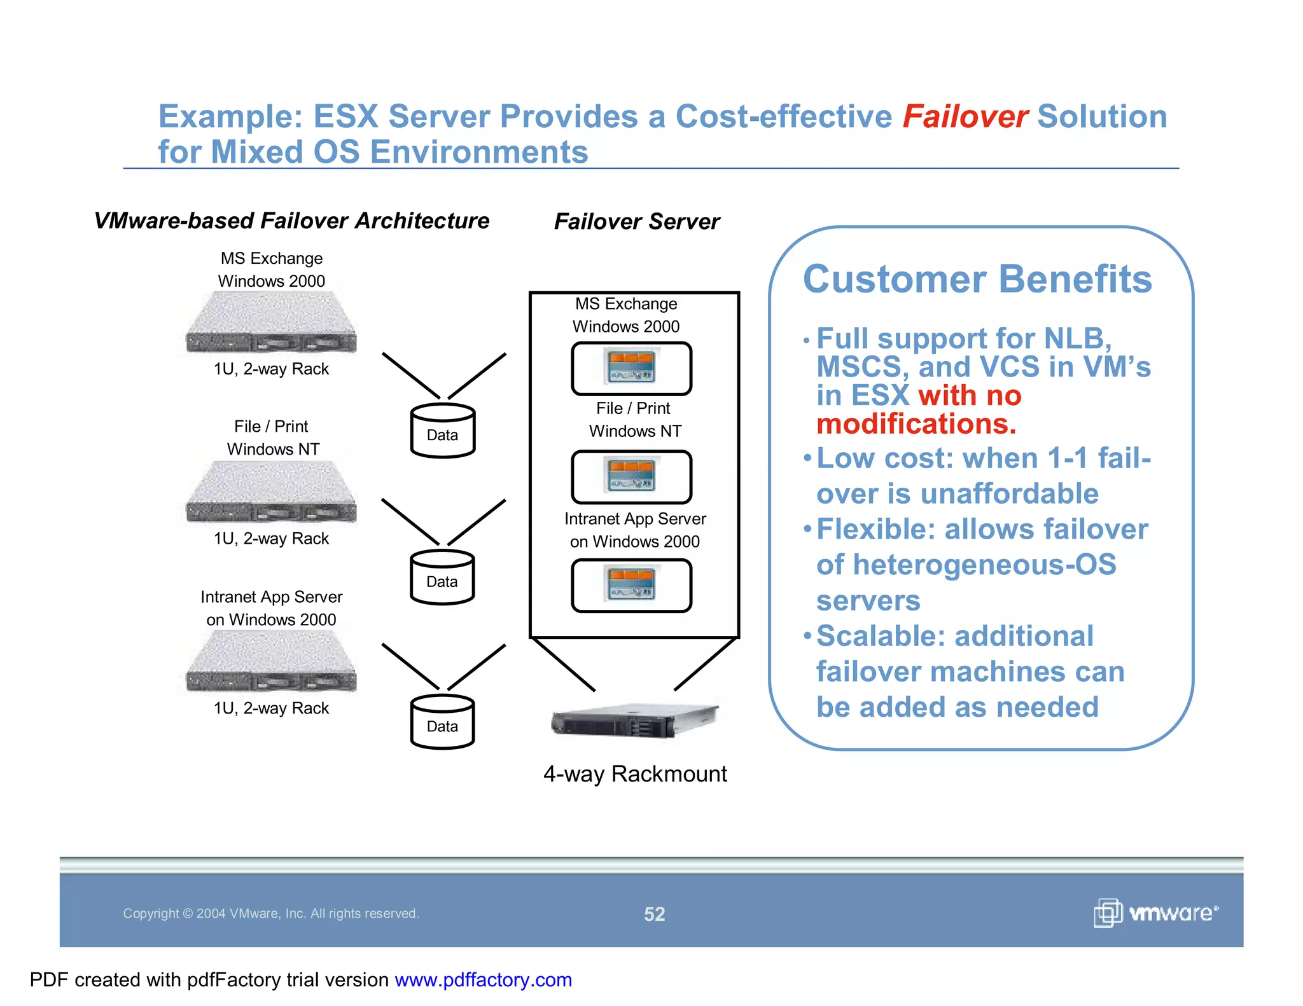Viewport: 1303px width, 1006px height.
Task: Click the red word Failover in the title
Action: click(965, 117)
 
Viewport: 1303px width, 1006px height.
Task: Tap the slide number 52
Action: click(654, 914)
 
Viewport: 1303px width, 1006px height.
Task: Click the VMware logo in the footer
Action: click(1155, 913)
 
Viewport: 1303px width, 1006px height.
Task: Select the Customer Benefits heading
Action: click(977, 279)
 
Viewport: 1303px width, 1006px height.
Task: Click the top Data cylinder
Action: click(443, 432)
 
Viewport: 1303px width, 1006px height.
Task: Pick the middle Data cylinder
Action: click(442, 578)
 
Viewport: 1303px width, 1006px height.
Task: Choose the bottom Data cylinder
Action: click(442, 723)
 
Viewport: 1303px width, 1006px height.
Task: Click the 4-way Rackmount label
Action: click(635, 774)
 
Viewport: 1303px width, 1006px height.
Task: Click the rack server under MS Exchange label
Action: click(272, 323)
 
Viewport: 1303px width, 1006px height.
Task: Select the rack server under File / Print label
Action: click(272, 493)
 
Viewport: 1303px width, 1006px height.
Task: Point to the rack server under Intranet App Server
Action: click(272, 663)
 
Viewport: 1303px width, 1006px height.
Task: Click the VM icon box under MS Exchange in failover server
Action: click(631, 369)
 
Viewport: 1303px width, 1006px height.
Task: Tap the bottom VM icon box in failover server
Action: click(631, 586)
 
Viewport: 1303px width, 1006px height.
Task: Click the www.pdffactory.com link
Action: click(483, 980)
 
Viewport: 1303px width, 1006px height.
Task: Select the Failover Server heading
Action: click(637, 221)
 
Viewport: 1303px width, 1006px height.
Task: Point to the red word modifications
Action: click(916, 424)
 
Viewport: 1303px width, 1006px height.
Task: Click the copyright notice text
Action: click(270, 914)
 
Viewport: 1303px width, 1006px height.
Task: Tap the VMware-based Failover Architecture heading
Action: click(291, 221)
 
